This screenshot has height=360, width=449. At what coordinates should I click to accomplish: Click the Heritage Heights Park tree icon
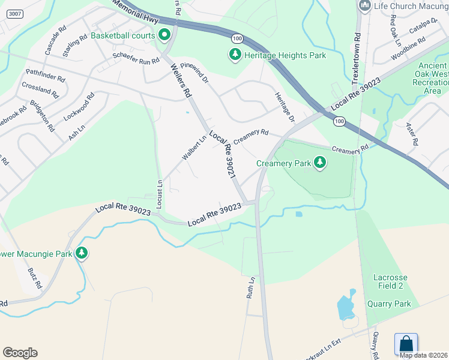coord(235,55)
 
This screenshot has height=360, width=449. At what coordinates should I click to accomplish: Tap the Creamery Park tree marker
coord(320,163)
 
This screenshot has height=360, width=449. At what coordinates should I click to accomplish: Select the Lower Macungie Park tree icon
coord(82,254)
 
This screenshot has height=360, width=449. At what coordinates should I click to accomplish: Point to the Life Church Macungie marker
coord(364,6)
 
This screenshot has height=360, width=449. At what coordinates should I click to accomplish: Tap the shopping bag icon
coord(406,344)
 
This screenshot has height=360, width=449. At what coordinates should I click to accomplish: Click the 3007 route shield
coord(16,14)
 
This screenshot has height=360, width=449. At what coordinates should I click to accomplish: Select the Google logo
coord(20,353)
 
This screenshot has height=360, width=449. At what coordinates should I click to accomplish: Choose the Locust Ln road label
coord(160,194)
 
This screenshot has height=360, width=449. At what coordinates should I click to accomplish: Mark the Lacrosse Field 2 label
coord(390,283)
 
